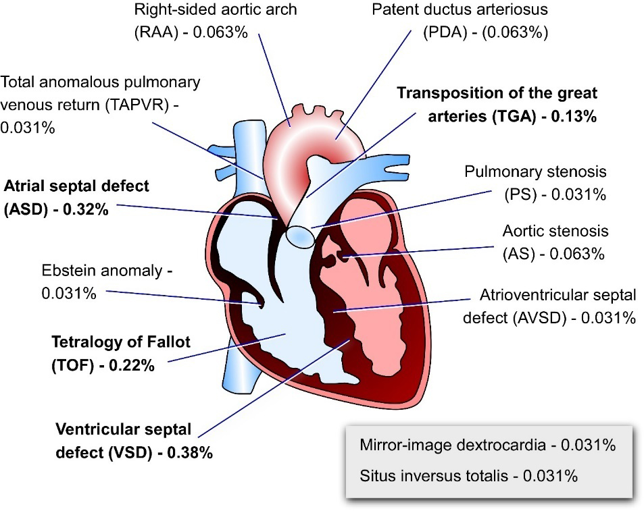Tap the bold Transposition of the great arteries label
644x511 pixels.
click(497, 104)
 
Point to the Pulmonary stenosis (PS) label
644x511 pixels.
click(535, 183)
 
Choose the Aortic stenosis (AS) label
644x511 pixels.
click(555, 242)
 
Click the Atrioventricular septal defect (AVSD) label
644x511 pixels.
click(549, 306)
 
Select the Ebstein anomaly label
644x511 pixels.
click(106, 282)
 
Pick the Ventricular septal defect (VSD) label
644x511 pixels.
click(134, 441)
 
